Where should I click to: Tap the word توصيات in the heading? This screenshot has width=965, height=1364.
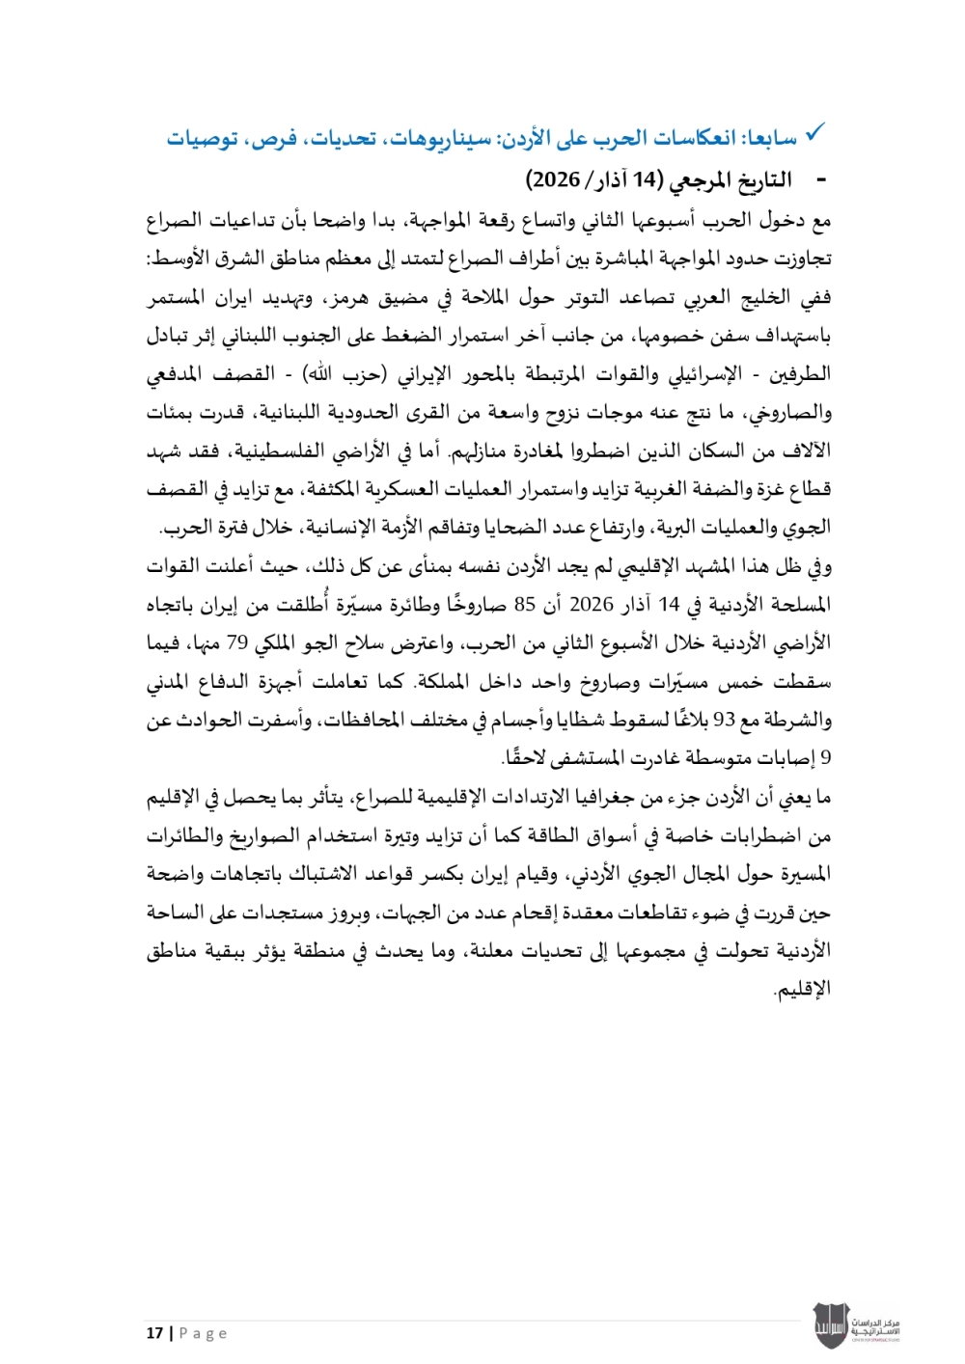[202, 140]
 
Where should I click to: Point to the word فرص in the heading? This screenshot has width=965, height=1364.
[274, 140]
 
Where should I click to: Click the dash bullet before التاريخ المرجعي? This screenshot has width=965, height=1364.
[822, 180]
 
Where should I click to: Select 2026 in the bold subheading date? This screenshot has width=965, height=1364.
[557, 180]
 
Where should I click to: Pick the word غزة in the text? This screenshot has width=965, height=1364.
[753, 489]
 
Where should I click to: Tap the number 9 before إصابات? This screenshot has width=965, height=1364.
[825, 759]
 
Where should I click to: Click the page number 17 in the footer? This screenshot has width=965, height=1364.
[154, 1333]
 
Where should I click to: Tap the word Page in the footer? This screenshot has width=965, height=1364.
[204, 1333]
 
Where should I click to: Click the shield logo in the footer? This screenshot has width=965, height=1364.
[831, 1325]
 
